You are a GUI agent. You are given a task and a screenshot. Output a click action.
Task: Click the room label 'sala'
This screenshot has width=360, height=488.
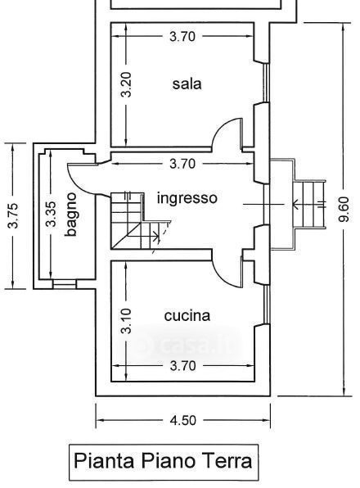(x=187, y=84)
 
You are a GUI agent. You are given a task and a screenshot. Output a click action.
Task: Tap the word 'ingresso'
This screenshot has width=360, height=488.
(x=187, y=199)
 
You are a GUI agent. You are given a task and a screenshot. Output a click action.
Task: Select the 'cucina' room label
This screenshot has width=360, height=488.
(x=187, y=315)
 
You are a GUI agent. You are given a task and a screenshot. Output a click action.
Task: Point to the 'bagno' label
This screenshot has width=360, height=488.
(x=71, y=215)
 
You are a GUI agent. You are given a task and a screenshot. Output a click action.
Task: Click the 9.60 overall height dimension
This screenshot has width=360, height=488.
(x=344, y=209)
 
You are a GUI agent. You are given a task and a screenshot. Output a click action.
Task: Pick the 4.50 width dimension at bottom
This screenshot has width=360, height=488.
(x=183, y=421)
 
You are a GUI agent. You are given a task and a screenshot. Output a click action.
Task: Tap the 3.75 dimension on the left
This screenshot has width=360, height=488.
(x=13, y=215)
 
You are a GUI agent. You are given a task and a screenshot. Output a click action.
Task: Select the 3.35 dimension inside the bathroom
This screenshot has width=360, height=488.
(x=51, y=214)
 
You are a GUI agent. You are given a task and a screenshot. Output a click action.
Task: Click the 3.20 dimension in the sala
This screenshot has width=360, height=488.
(x=126, y=84)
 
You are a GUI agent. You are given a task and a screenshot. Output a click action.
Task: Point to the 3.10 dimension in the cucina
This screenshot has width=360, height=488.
(x=126, y=321)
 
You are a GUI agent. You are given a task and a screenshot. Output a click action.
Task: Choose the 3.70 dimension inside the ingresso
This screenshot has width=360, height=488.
(x=182, y=164)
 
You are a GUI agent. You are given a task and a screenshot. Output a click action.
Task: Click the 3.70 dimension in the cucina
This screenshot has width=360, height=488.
(x=183, y=366)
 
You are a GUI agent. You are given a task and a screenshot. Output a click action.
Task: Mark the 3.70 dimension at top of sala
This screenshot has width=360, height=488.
(x=182, y=36)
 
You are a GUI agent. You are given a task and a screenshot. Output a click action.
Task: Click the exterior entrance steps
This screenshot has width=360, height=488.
(x=309, y=205)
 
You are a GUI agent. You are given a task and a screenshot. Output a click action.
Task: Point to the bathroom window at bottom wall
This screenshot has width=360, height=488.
(x=65, y=283)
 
